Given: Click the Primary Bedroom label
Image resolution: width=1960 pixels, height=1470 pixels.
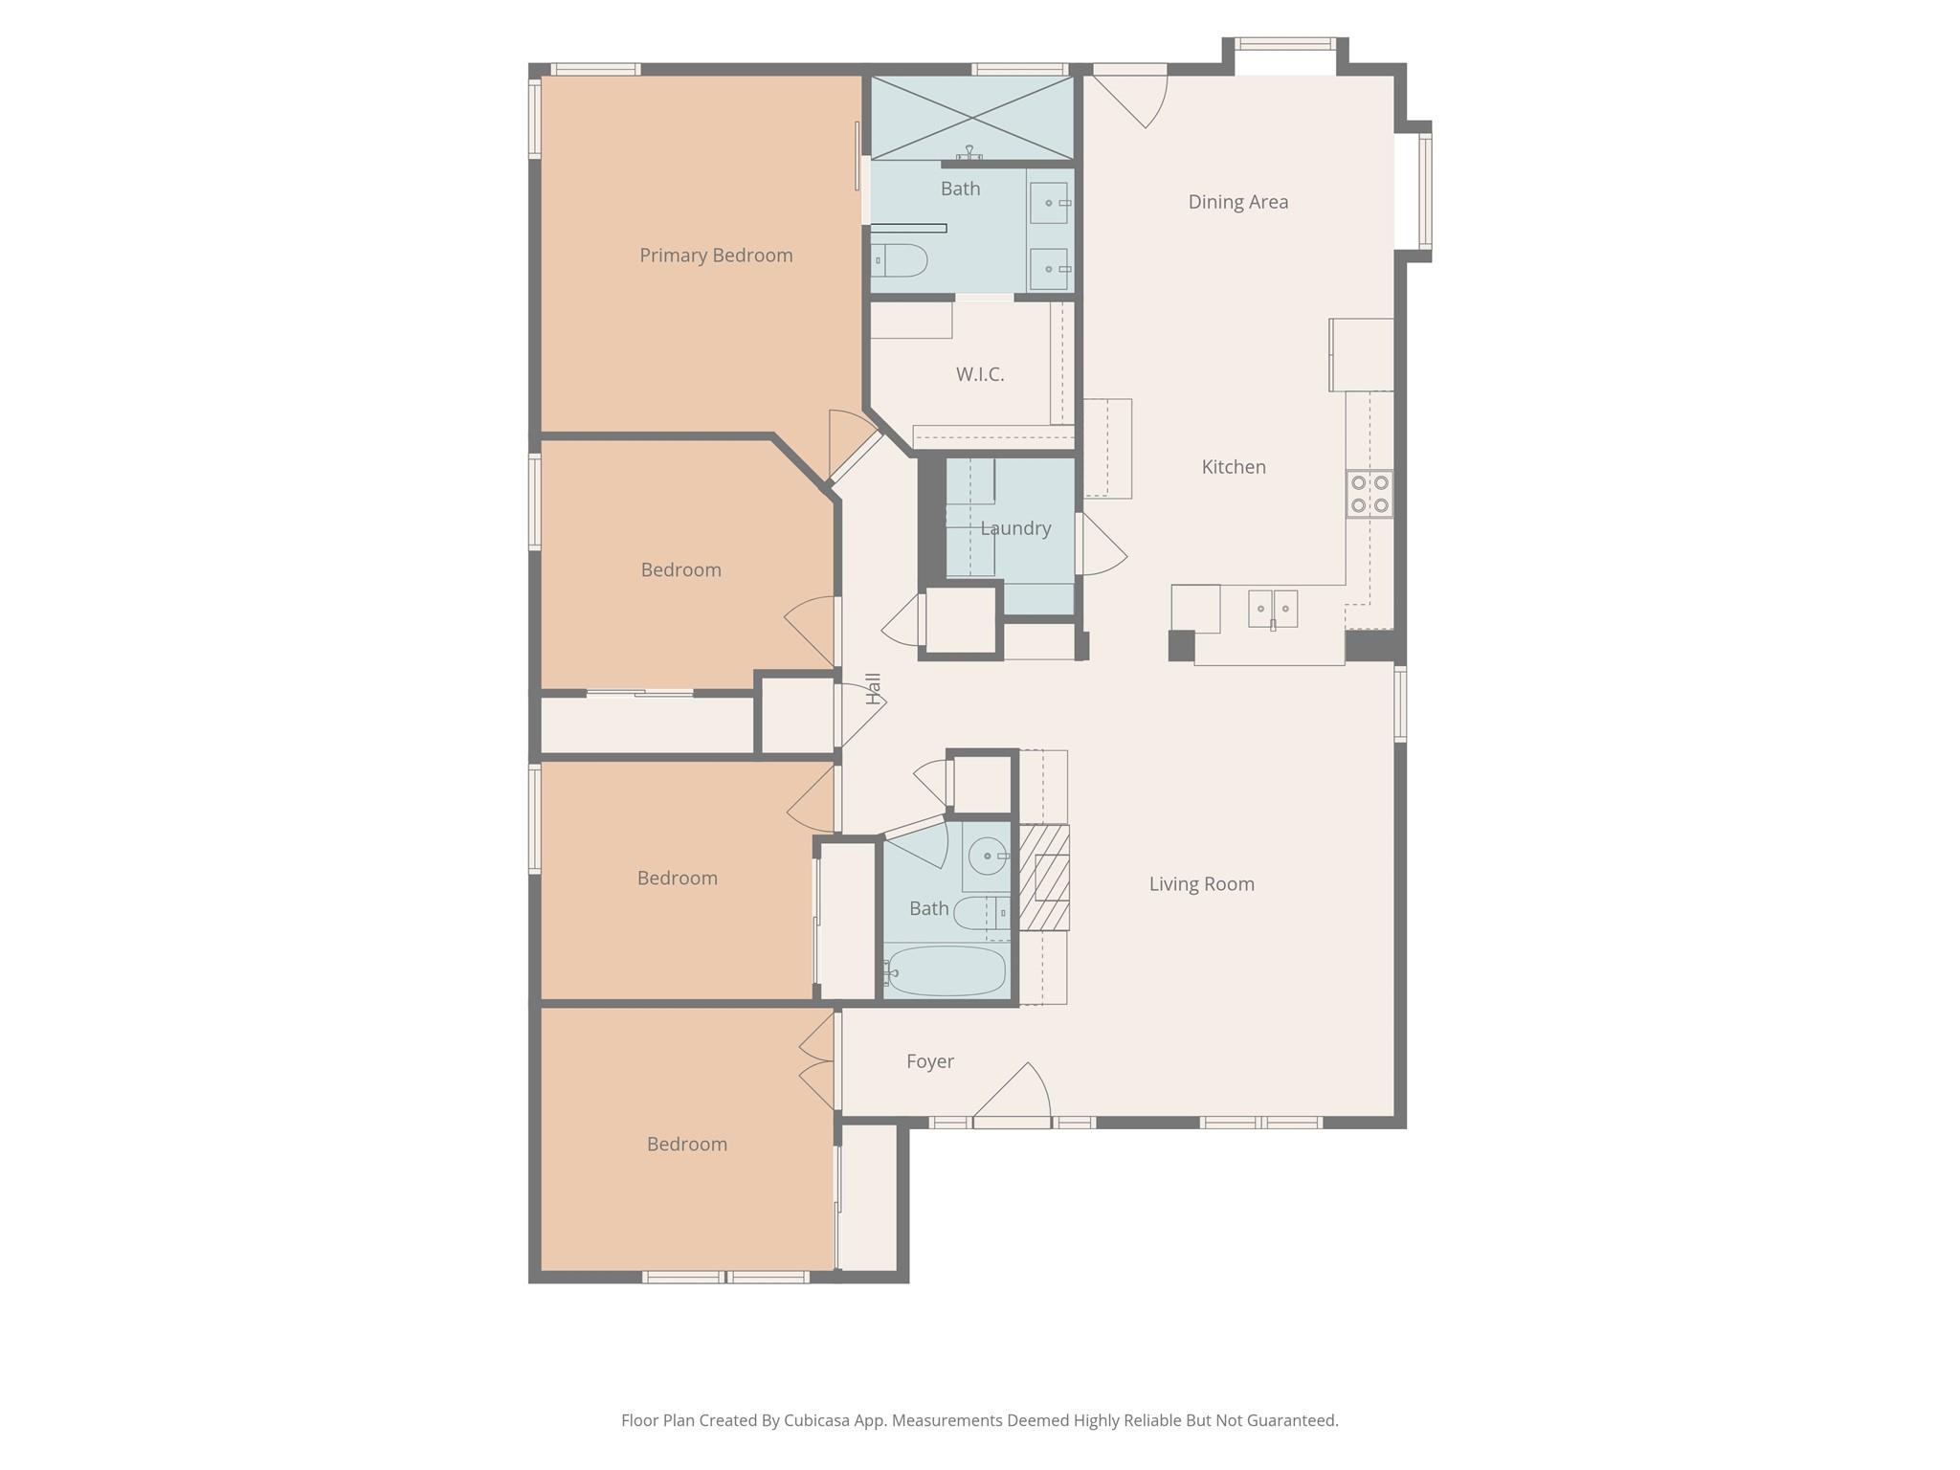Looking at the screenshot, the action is click(x=716, y=256).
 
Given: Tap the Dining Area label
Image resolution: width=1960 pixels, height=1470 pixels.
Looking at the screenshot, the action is click(x=1238, y=202).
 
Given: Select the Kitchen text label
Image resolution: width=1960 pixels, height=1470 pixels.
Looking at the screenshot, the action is click(x=1234, y=467).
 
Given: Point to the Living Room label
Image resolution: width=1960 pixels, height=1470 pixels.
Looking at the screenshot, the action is click(x=1202, y=884).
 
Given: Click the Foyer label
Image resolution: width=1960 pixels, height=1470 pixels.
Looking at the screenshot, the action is click(x=930, y=1061).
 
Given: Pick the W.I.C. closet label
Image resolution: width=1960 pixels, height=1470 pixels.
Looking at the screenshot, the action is click(x=980, y=374).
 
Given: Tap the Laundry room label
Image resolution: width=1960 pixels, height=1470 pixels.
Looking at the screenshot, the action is click(x=1015, y=528).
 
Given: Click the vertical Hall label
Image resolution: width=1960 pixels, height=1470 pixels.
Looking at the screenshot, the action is click(x=873, y=689).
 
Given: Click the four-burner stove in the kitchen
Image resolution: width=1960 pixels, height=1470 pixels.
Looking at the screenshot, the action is click(x=1370, y=495).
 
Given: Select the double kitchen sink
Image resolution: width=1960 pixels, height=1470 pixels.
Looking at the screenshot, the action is click(x=1273, y=609).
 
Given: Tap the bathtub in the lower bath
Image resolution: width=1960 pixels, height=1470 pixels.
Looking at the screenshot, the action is click(x=945, y=971).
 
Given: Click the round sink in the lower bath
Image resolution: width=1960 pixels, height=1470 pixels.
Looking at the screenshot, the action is click(x=986, y=856).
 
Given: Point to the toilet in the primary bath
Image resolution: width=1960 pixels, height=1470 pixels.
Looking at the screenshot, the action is click(x=899, y=260).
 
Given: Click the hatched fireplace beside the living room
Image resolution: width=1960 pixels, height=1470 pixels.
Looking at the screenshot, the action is click(x=1043, y=878).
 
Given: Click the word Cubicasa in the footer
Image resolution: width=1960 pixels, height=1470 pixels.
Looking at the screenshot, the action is click(x=819, y=1421).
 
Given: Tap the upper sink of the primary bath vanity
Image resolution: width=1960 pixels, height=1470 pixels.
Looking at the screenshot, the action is click(x=1050, y=203).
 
